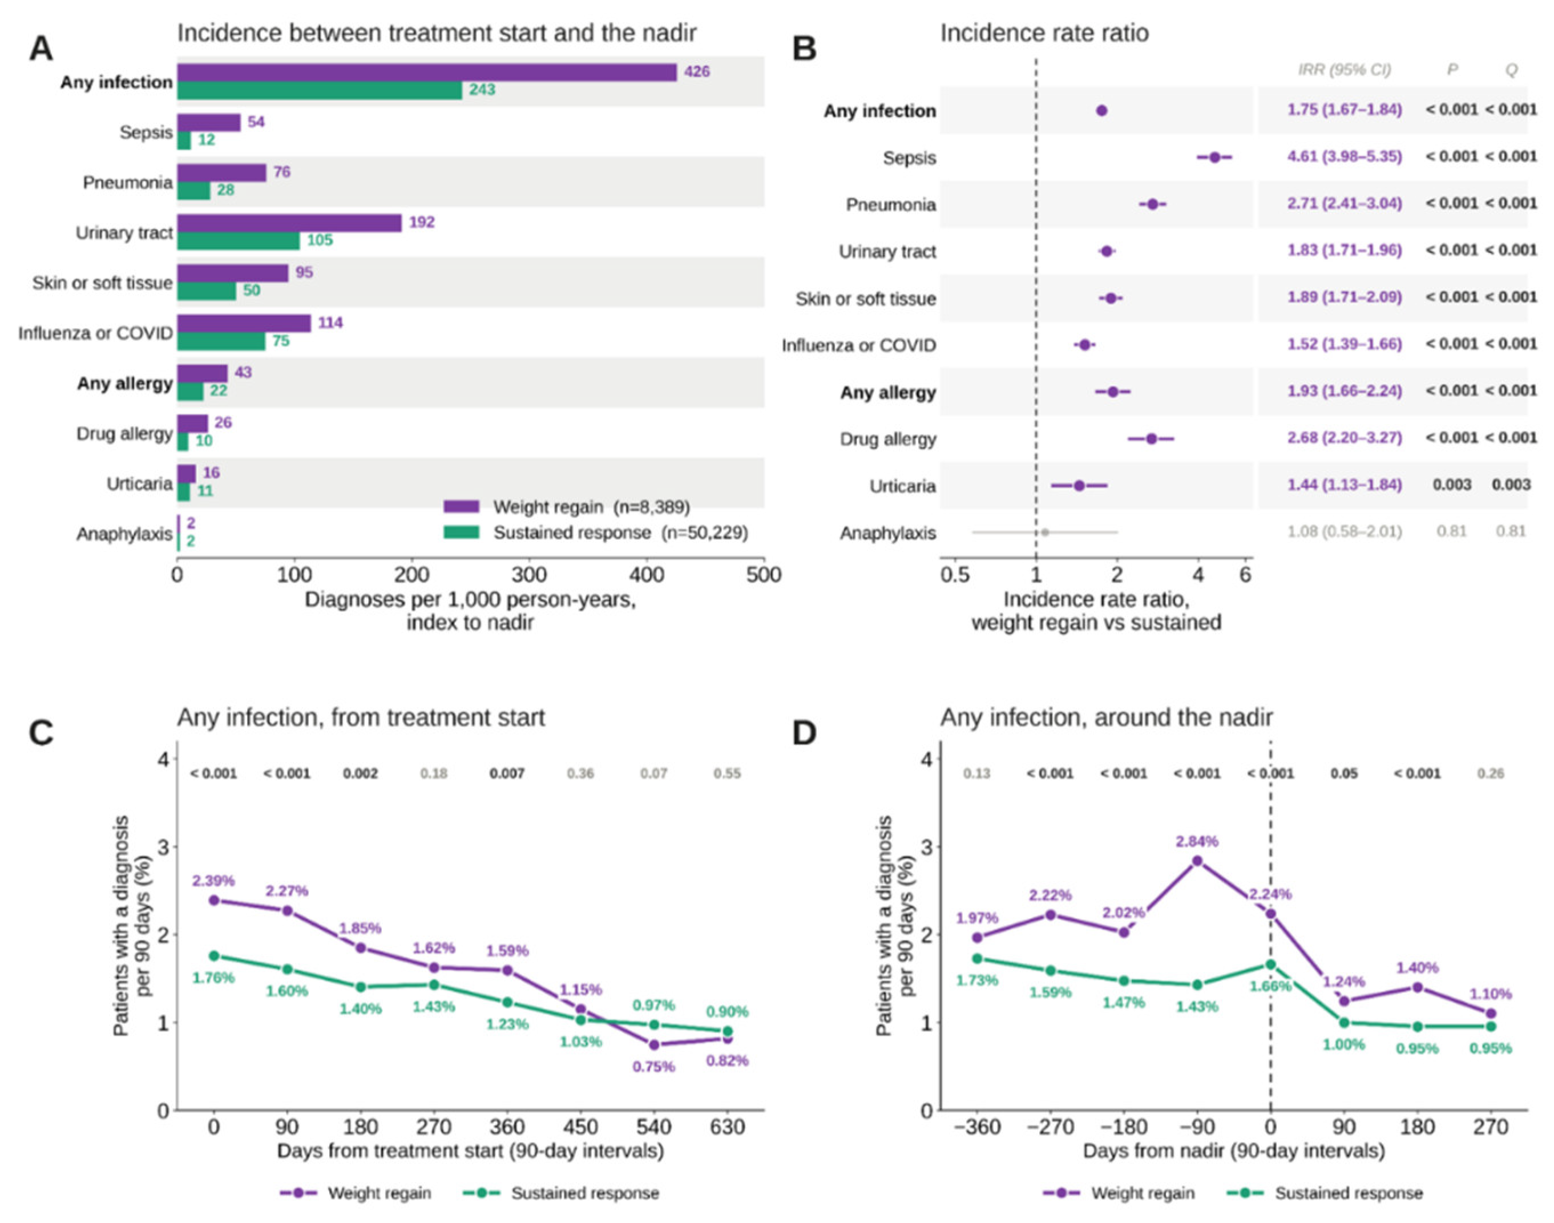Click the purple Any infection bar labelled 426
[427, 72]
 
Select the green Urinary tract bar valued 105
[239, 241]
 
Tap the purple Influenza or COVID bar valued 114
[244, 323]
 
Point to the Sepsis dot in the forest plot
[1214, 158]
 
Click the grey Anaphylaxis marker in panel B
[1045, 532]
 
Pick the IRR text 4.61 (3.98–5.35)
[1344, 156]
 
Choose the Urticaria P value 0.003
[1452, 485]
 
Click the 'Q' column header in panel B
[1511, 70]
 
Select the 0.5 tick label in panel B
[955, 575]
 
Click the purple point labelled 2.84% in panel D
[1197, 861]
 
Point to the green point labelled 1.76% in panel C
[213, 956]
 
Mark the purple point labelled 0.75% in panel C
[654, 1045]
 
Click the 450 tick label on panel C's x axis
[580, 1128]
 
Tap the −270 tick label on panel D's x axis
[1050, 1128]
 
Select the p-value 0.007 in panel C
[507, 773]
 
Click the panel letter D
[805, 733]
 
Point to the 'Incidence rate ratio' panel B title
[1044, 33]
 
